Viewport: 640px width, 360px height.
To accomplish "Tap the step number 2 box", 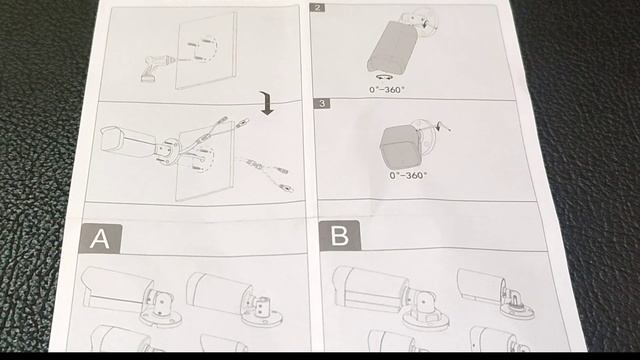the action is click(x=318, y=7).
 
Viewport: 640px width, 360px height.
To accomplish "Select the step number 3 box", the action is click(x=322, y=103).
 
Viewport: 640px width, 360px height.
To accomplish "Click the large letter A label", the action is click(x=100, y=238).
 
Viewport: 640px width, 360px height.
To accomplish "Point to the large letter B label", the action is click(x=340, y=236).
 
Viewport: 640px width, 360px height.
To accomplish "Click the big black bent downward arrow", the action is click(x=267, y=103).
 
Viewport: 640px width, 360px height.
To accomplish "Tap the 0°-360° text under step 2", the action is click(x=387, y=89).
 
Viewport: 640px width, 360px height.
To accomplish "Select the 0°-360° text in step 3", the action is click(x=408, y=175).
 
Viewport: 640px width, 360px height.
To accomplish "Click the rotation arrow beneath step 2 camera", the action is click(x=384, y=76).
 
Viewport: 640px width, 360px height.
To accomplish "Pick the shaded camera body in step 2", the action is click(x=392, y=47).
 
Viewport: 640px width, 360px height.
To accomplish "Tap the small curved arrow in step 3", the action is click(x=439, y=126).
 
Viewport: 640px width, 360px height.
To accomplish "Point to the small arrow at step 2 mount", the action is click(x=427, y=23).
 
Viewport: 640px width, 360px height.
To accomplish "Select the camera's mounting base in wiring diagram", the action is click(x=167, y=152).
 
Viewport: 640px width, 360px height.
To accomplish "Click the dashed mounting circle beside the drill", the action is click(x=205, y=49).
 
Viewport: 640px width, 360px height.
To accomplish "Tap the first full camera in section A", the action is click(x=131, y=295).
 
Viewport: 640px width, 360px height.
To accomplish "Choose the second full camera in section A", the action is click(x=233, y=299).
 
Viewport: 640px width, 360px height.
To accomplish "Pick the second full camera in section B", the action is click(x=495, y=293).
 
